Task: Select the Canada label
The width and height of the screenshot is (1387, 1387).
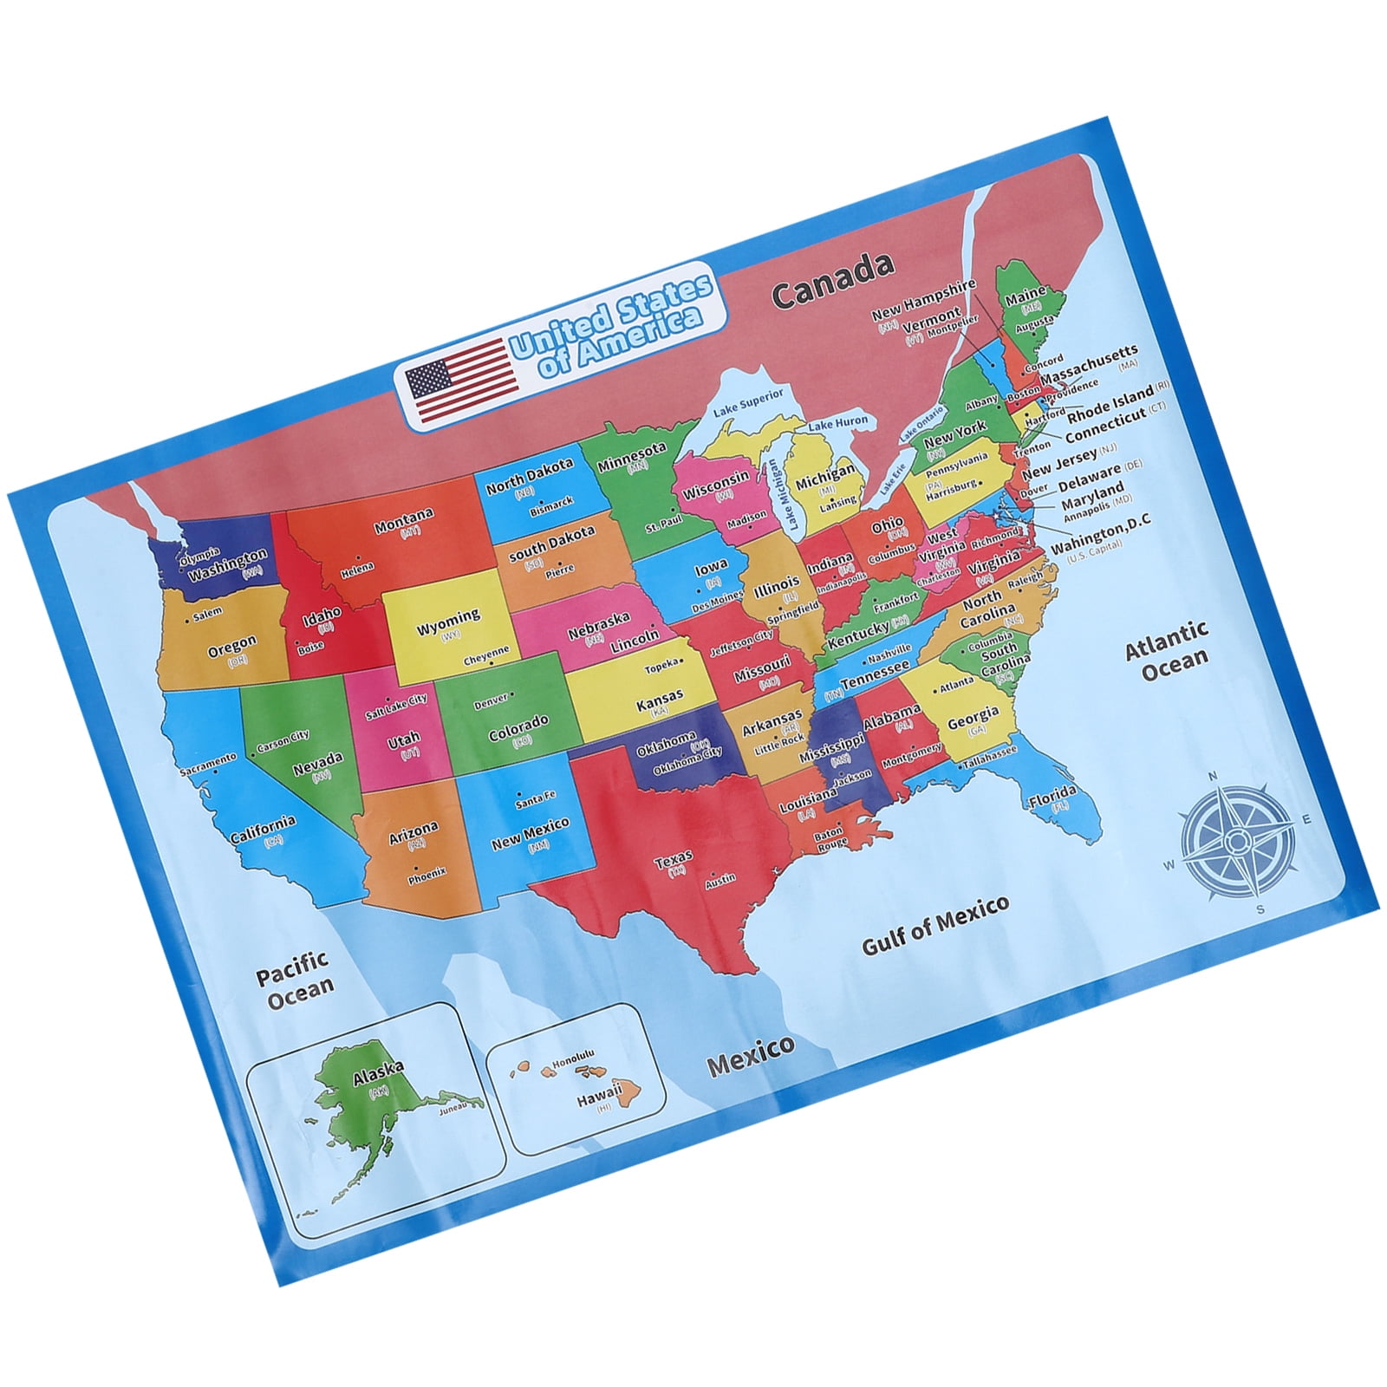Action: point(832,281)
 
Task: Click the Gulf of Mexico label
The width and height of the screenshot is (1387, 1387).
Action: point(936,924)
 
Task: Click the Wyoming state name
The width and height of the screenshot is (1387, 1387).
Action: point(447,622)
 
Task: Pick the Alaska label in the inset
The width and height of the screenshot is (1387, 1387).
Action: point(378,1073)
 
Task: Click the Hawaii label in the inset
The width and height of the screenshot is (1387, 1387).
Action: point(600,1094)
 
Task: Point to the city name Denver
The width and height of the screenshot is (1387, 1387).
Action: point(491,701)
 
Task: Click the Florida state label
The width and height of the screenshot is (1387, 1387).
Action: point(1052,796)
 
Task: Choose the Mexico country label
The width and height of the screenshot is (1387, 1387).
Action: point(751,1055)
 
